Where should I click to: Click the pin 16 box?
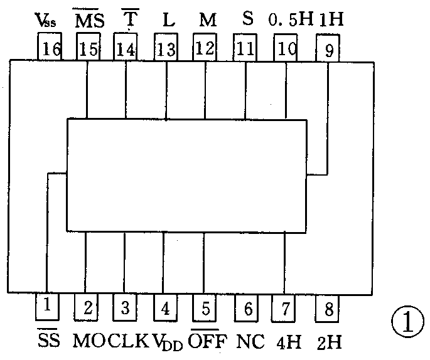(x=50, y=48)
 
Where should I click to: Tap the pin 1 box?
(x=47, y=307)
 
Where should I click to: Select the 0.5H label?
(x=291, y=19)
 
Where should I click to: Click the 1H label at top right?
(x=331, y=19)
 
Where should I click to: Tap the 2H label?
(x=330, y=342)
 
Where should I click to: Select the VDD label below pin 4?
(x=166, y=342)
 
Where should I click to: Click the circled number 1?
(x=405, y=323)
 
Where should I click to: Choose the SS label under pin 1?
(x=47, y=341)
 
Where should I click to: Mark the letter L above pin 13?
(x=168, y=20)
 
